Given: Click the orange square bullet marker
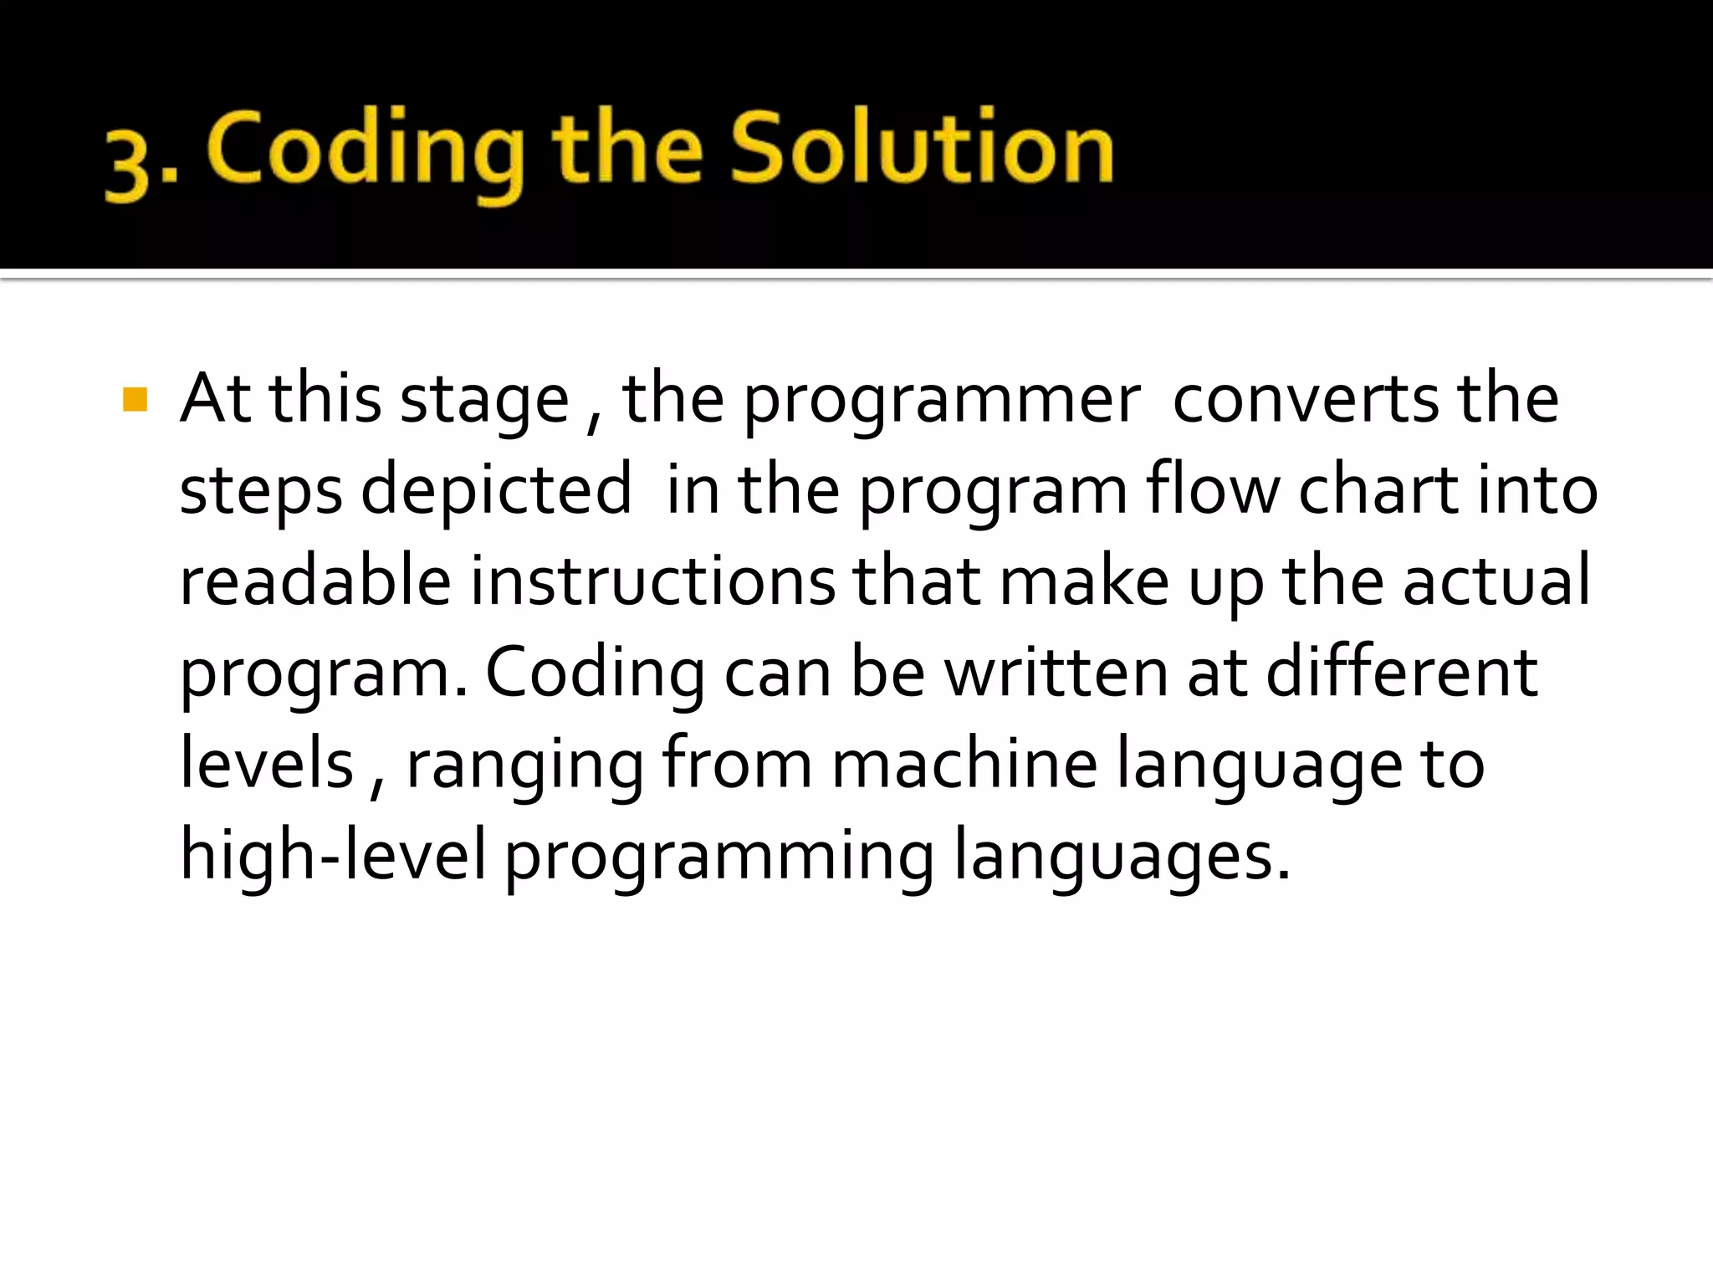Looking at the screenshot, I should (x=135, y=400).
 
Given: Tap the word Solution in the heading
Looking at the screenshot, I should (x=922, y=148).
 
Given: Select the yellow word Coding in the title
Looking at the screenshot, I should (x=366, y=151).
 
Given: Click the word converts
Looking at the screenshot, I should (x=1306, y=399).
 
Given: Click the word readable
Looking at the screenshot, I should (x=315, y=581).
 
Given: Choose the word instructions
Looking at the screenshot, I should (x=652, y=581).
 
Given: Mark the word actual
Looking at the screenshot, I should (x=1496, y=581).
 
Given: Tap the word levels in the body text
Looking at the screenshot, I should (x=267, y=763).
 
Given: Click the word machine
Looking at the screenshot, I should (x=964, y=763).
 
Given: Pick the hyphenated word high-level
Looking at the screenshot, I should (x=333, y=856).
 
